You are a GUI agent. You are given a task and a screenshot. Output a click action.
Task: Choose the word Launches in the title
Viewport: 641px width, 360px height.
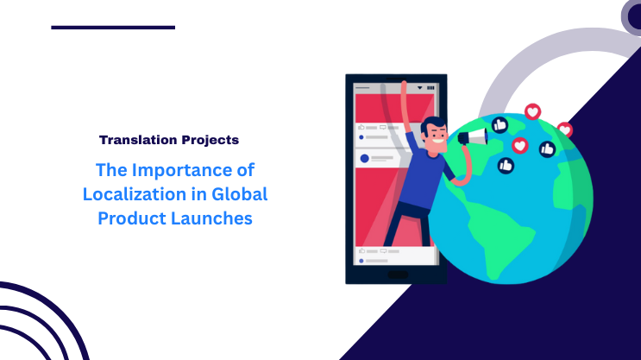pos(217,218)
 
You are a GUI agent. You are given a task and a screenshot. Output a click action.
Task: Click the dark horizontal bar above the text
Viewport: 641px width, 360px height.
pos(112,28)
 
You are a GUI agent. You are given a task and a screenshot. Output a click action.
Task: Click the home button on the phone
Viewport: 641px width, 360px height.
pos(397,275)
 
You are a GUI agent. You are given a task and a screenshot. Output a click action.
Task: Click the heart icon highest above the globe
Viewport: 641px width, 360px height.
pos(532,111)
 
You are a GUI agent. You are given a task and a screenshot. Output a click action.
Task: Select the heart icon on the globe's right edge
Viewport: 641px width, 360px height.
pos(564,130)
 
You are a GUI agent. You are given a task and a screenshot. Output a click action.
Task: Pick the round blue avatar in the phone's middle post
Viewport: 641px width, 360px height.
pos(364,158)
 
